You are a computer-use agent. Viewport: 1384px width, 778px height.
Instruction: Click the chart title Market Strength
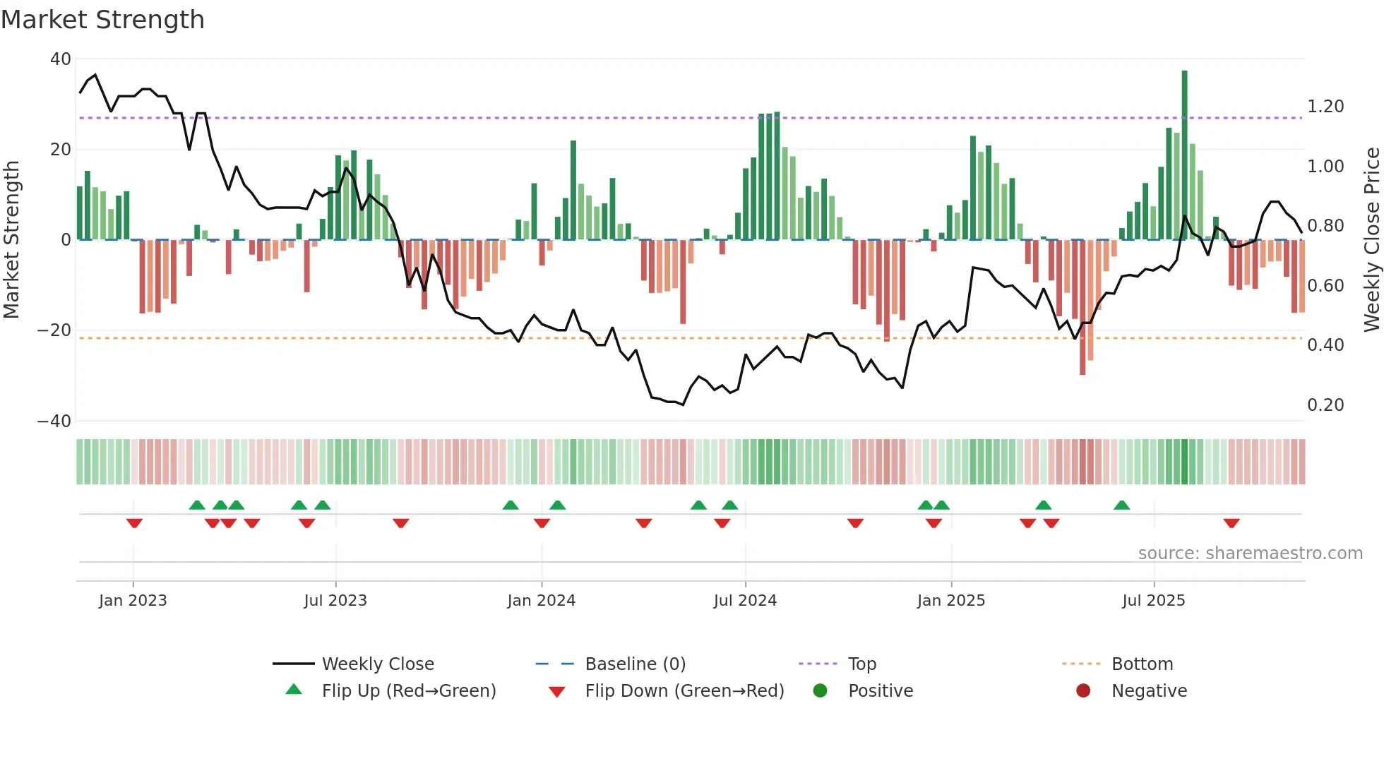click(102, 20)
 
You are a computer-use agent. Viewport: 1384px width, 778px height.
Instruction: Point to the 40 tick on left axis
click(61, 59)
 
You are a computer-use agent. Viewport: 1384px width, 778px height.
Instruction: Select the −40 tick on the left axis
click(54, 421)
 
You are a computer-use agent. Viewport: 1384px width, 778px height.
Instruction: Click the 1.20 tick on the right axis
click(1325, 107)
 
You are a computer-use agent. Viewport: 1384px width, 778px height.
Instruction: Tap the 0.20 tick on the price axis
click(1325, 405)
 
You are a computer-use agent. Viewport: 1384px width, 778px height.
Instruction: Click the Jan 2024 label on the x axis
click(541, 601)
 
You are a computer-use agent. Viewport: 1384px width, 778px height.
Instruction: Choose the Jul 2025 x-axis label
click(1153, 601)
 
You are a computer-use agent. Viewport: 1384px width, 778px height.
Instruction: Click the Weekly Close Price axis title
click(1371, 240)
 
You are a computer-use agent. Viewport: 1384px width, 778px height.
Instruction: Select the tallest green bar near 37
click(1184, 155)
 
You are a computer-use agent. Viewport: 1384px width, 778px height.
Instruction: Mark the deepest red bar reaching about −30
click(1082, 307)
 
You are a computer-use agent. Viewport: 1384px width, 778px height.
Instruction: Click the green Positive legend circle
click(820, 691)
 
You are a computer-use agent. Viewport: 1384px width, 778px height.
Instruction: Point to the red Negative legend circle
click(1083, 691)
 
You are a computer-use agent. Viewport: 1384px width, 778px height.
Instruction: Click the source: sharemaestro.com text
click(1250, 553)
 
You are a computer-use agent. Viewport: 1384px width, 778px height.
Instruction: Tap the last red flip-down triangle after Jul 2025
click(1231, 523)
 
